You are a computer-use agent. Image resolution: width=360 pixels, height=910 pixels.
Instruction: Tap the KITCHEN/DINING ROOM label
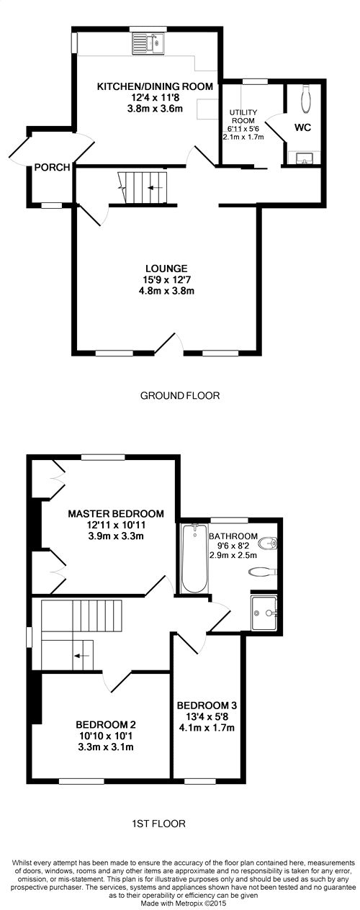point(156,86)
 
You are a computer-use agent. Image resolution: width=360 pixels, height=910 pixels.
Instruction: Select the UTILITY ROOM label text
point(243,117)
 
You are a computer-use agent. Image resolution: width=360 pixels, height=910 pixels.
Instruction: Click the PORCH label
point(53,168)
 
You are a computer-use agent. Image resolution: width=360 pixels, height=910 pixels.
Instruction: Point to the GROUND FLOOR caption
point(179,395)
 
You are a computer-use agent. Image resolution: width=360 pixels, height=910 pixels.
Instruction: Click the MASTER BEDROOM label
point(116,514)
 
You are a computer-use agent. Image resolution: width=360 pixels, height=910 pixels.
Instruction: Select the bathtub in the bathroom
point(194,559)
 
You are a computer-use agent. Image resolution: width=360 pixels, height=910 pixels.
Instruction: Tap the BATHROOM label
point(233,536)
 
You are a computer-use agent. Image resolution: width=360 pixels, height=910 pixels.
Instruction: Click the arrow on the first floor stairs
point(81,656)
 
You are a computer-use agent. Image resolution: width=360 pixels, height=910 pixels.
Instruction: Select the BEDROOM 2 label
point(106,724)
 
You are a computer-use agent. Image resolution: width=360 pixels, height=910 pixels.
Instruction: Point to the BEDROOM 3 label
point(207,704)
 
